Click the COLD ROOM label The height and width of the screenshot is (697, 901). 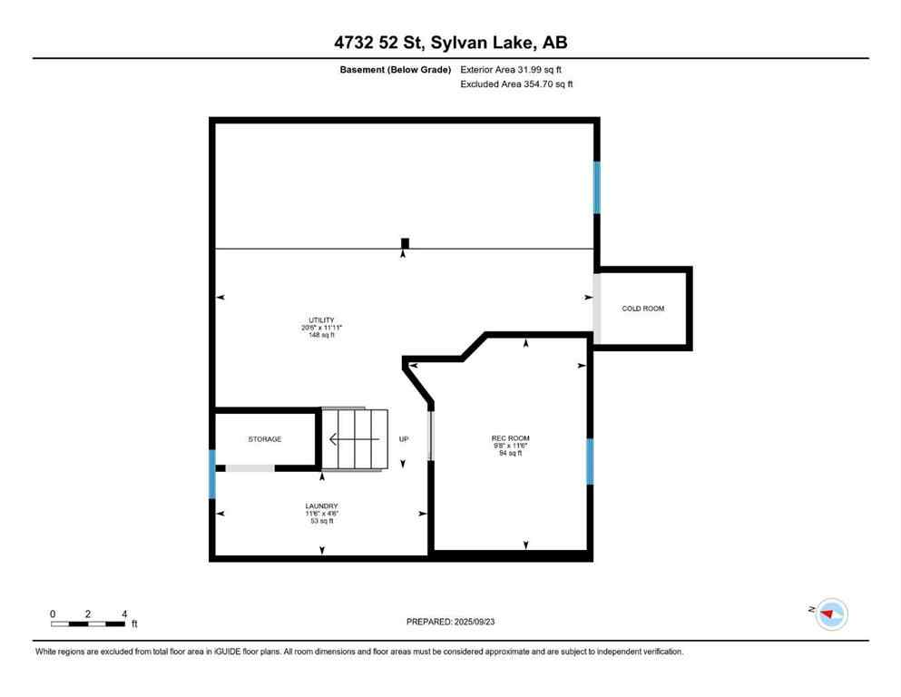point(642,309)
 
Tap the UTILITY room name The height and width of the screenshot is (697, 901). point(320,320)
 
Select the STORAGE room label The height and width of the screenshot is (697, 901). point(265,439)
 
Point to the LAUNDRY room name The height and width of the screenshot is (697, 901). point(321,506)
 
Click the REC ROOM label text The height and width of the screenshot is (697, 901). point(510,438)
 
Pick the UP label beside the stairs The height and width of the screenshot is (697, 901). point(404,439)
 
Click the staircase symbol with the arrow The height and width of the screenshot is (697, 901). point(355,440)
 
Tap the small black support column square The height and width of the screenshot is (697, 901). point(405,242)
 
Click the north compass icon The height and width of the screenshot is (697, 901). point(830,614)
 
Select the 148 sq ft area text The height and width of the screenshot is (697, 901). point(320,336)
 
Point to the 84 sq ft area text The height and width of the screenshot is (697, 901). point(510,453)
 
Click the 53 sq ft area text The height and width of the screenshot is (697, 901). point(321,521)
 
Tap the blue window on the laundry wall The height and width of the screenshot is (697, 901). point(212,474)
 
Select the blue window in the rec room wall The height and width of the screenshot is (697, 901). point(590,462)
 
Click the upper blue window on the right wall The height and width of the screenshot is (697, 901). point(596,187)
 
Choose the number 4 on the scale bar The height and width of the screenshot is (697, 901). point(123,614)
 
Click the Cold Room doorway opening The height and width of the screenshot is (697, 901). point(596,309)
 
